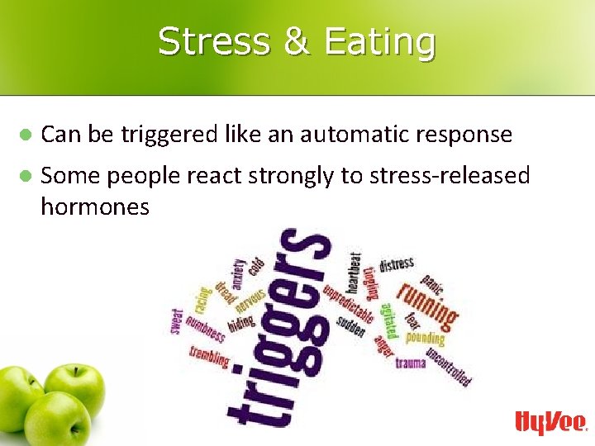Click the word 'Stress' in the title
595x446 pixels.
(x=213, y=41)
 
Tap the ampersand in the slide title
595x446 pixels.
(x=296, y=41)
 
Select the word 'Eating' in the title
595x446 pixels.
(x=379, y=43)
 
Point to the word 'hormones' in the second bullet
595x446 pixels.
(x=94, y=206)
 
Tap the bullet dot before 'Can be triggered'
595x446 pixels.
(x=26, y=134)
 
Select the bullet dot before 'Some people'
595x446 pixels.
(x=26, y=175)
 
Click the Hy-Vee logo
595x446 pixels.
(x=550, y=422)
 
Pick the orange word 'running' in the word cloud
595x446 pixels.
(x=426, y=303)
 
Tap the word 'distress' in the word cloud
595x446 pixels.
(x=397, y=265)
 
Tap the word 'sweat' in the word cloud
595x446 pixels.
(x=178, y=321)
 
